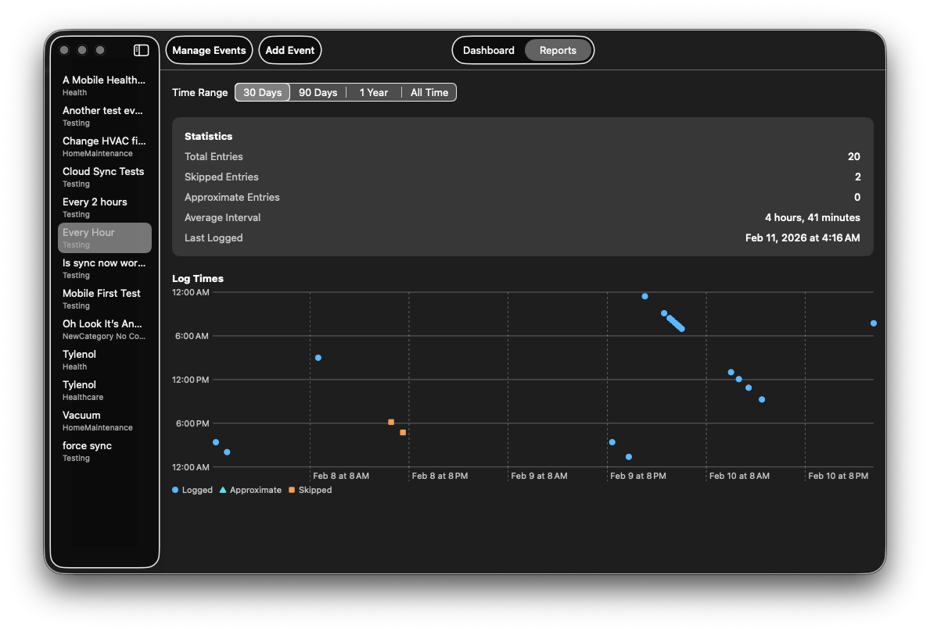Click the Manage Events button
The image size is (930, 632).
pos(209,50)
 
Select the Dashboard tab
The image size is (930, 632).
pos(489,50)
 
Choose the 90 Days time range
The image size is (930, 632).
pos(318,92)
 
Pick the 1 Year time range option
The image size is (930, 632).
pos(374,92)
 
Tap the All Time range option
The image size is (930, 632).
pos(429,92)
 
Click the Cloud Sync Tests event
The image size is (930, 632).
pos(104,177)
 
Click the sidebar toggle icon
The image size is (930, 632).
pos(141,50)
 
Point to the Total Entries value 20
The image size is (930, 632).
pos(853,156)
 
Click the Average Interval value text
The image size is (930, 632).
pos(812,217)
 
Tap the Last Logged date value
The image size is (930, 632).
pos(803,237)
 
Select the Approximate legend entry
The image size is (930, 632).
pos(250,490)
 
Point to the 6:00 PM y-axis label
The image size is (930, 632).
pos(192,423)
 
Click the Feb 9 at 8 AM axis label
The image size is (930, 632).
pos(539,475)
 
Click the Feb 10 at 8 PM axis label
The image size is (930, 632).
pos(838,475)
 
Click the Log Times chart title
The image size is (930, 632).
pos(198,278)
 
